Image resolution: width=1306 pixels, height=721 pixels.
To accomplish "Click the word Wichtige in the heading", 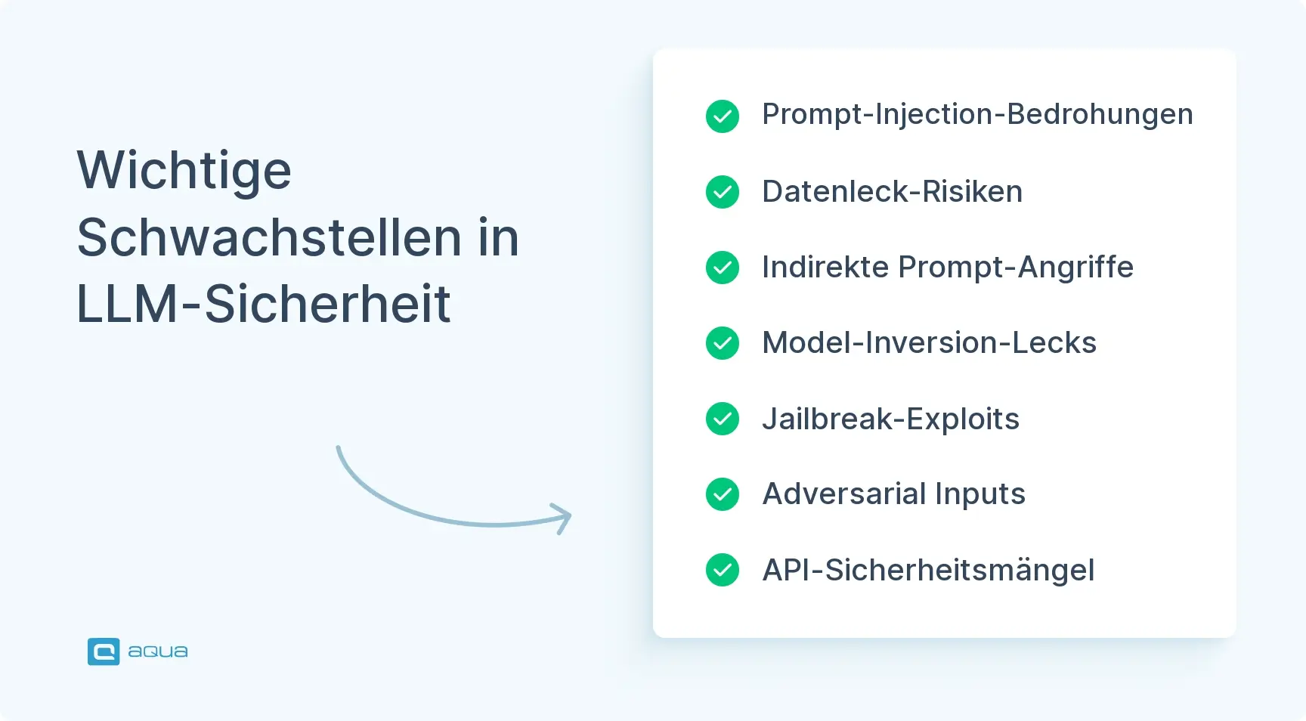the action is pos(184,172).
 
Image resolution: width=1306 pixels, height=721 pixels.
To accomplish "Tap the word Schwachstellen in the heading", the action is pos(270,237).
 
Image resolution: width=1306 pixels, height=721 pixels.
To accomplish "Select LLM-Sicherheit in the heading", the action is pos(264,304).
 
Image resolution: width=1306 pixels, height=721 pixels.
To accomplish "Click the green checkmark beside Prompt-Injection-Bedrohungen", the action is pos(723,116).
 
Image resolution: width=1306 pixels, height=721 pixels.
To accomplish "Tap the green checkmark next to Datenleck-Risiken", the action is pos(723,192).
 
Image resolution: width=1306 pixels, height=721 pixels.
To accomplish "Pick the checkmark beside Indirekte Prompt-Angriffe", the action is pos(723,268).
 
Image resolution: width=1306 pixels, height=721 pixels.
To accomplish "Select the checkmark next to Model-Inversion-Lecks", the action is pos(723,343).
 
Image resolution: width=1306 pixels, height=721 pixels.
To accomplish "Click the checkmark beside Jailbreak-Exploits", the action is pos(723,419).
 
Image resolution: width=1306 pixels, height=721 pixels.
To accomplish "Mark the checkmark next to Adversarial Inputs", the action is pos(723,494).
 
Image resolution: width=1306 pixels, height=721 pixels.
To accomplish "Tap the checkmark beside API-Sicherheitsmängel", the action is pos(723,570).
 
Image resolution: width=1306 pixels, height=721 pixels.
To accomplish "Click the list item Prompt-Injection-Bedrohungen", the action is pos(977,116).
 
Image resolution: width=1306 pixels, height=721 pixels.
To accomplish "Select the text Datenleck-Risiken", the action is pos(892,191).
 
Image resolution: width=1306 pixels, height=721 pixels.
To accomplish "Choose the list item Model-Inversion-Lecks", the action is pos(929,342).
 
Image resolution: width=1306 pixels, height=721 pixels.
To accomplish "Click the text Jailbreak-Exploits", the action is pos(890,419).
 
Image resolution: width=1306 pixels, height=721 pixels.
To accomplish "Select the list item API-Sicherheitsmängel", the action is pos(928,571).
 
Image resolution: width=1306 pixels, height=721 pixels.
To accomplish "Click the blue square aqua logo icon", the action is pos(104,651).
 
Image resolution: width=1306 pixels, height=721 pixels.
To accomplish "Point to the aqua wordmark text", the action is pos(158,651).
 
